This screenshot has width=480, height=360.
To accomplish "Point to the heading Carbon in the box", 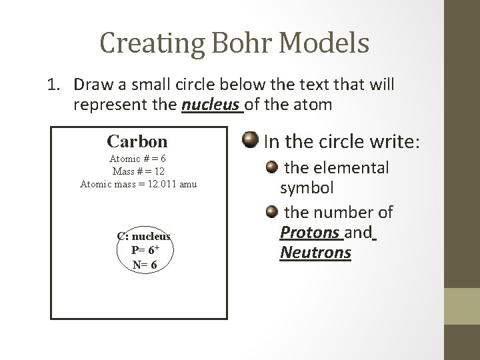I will point(137,141).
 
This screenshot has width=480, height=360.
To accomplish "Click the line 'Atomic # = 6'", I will point(138,160).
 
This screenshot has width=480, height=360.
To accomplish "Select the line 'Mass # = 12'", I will point(138,172).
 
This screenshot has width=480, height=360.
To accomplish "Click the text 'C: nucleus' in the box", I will point(144,237).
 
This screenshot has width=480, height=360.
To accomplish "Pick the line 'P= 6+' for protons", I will point(144,251).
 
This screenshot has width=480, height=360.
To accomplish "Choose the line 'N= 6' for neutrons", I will point(144,265).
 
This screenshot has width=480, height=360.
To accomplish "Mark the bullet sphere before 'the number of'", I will point(271,213).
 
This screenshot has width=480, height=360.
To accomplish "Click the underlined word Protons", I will point(309,233).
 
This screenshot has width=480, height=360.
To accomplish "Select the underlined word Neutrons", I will point(315,253).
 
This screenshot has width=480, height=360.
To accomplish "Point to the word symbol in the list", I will point(307,188).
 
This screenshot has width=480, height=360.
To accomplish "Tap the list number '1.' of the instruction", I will point(55,85).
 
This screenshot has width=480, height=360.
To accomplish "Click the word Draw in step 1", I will point(91,85).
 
